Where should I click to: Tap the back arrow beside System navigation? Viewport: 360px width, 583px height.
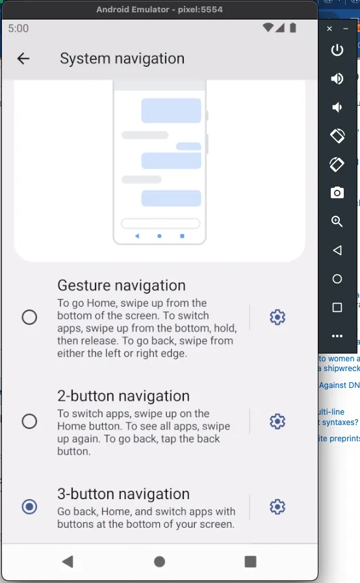23,58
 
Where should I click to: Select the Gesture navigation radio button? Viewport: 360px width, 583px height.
29,317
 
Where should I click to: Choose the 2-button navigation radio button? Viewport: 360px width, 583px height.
29,421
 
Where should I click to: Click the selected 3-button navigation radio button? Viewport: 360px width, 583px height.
29,507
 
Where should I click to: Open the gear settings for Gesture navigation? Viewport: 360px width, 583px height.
277,317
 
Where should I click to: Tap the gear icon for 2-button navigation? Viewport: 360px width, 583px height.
277,421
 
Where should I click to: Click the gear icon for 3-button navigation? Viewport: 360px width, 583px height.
277,507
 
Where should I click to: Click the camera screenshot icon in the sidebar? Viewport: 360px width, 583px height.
337,192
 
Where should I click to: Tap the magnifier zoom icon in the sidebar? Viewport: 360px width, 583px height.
337,221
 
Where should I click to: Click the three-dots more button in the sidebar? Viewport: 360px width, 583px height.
337,336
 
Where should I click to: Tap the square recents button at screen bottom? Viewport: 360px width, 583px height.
250,562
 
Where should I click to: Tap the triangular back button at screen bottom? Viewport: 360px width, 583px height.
68,562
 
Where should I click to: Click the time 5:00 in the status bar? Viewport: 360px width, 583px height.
19,28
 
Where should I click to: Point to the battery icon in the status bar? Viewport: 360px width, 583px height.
293,28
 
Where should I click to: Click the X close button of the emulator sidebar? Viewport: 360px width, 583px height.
329,29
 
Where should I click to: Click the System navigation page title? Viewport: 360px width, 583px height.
122,58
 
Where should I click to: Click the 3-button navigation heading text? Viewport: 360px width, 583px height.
123,494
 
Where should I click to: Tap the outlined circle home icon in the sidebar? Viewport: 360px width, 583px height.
337,279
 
